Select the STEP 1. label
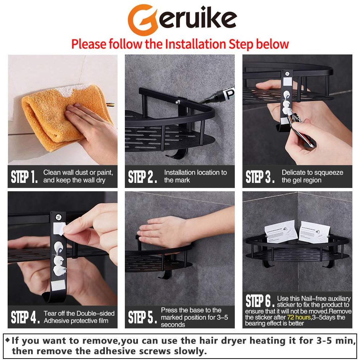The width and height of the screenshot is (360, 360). [24, 177]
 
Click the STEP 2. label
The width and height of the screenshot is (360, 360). [142, 177]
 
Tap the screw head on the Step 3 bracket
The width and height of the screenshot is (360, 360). [287, 74]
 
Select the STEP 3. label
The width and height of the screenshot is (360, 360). [260, 177]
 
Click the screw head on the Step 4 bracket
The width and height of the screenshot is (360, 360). [58, 217]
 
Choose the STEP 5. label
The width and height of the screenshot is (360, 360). [142, 317]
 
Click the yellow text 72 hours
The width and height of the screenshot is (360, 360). [299, 317]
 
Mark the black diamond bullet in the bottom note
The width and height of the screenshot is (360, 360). [7, 340]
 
